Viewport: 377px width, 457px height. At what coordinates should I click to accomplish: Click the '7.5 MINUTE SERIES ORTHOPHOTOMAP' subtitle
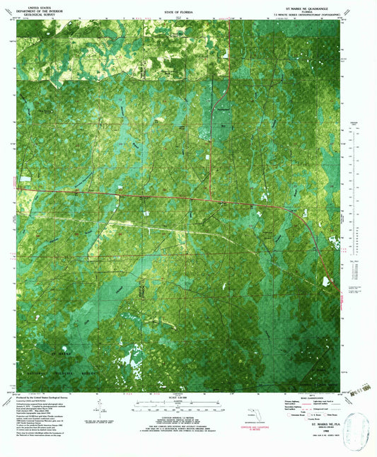(x=306, y=13)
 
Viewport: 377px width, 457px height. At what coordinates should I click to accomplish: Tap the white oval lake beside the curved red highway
(x=326, y=281)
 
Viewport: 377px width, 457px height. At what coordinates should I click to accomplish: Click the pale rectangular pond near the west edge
(x=25, y=178)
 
